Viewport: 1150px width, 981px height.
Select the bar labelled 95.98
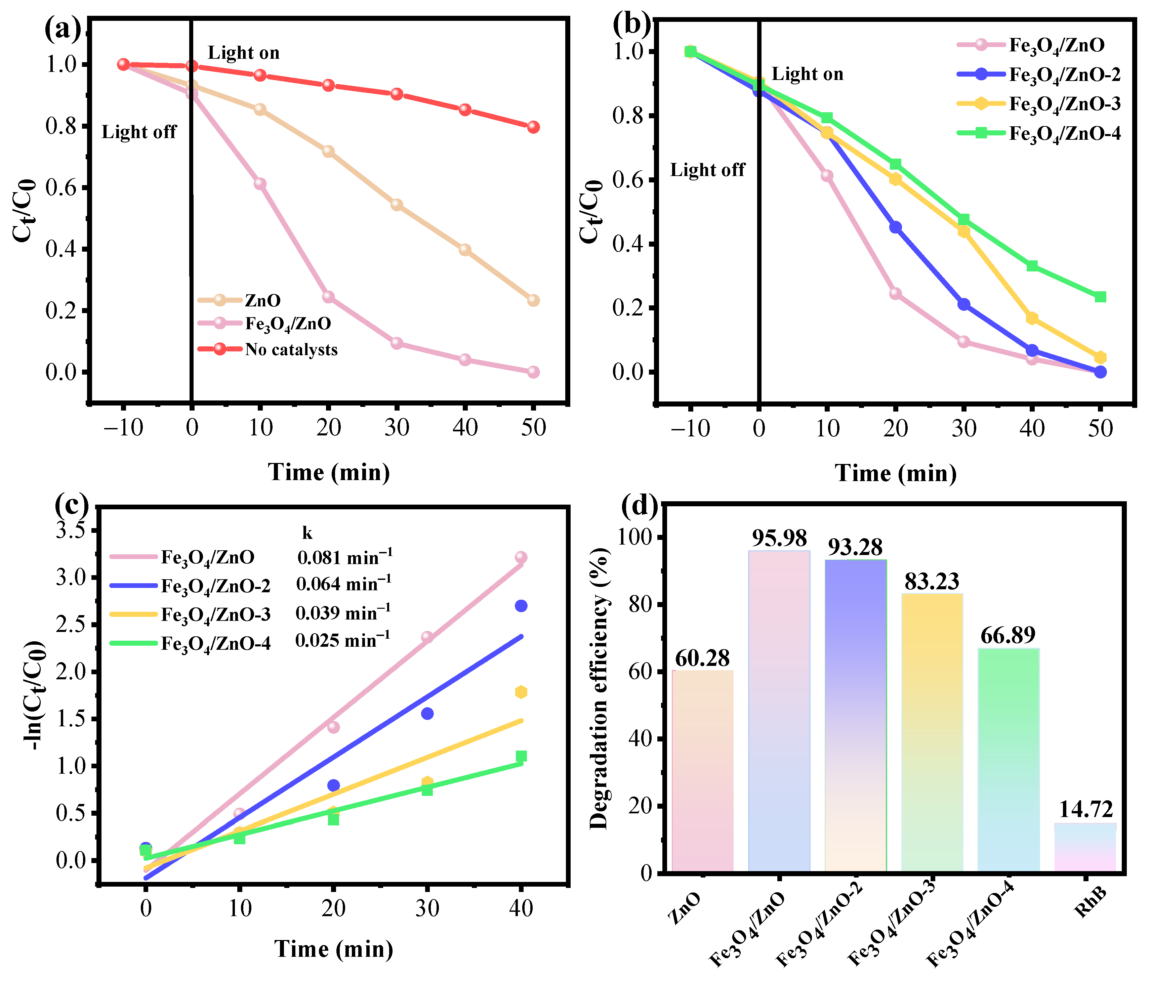click(x=779, y=710)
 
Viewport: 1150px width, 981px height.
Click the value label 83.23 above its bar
click(x=932, y=581)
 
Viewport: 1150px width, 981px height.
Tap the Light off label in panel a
click(x=139, y=132)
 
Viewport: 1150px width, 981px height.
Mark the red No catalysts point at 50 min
click(x=533, y=127)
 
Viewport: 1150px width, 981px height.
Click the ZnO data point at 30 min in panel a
click(x=396, y=205)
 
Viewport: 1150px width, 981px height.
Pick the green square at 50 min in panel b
click(x=1100, y=297)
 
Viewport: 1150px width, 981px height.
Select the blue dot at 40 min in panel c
click(x=521, y=606)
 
